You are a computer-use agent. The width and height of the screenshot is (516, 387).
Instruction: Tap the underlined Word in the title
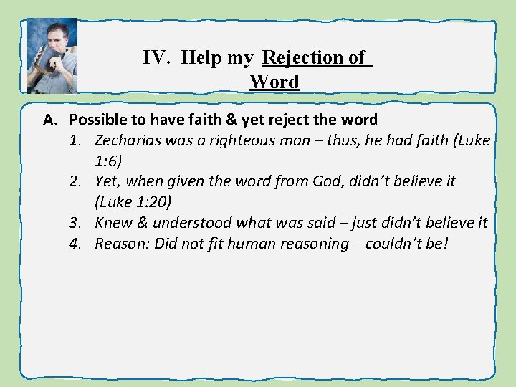[274, 82]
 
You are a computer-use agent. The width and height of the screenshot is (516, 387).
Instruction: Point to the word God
[328, 182]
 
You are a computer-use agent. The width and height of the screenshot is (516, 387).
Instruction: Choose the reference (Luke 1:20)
[133, 203]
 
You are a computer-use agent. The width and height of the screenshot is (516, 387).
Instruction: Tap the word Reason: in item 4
[120, 244]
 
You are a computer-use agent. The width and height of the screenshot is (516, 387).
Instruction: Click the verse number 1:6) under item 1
[109, 161]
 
